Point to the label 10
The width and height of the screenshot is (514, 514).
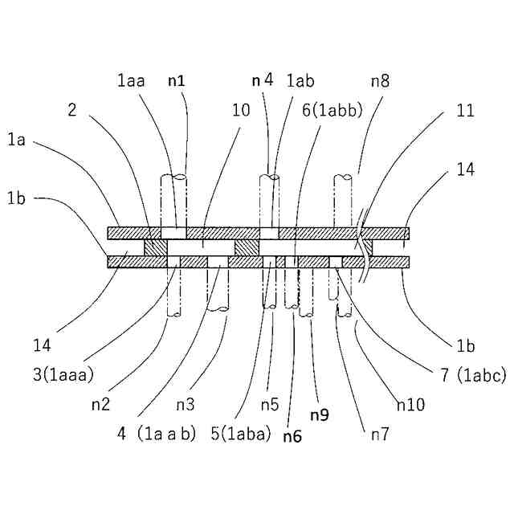(x=241, y=111)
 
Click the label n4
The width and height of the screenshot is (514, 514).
(x=263, y=80)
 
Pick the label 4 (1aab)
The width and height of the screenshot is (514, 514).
(x=157, y=434)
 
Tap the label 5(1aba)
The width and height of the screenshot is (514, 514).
(x=241, y=434)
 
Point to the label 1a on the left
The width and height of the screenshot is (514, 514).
(x=18, y=141)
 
